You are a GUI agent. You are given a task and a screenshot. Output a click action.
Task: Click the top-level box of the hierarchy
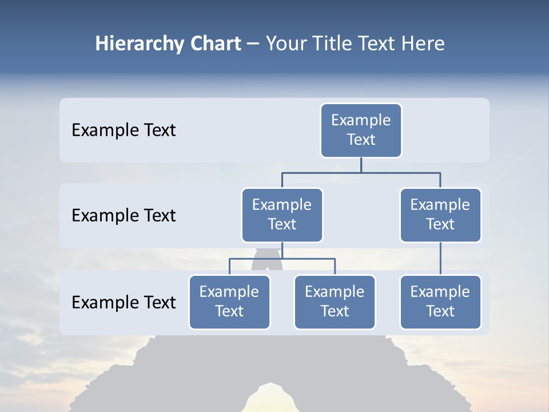tap(361, 130)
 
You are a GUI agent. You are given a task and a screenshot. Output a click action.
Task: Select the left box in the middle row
tap(282, 215)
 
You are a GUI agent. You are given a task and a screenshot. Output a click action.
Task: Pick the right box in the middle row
tap(440, 215)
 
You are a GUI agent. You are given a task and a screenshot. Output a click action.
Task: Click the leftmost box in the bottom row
tap(229, 302)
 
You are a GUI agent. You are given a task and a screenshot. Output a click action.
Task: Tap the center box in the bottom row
tap(335, 302)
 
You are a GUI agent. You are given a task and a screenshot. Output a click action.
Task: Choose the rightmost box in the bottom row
tap(440, 302)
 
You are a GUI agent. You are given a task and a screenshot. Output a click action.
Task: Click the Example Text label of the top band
tap(124, 130)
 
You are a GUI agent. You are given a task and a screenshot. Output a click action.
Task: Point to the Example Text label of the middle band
tap(124, 216)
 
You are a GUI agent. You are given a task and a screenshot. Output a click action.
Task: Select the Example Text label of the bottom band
tap(124, 302)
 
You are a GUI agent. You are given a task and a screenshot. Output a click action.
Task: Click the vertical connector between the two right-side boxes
tap(440, 259)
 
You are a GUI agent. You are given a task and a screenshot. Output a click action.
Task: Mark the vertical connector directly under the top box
tap(361, 165)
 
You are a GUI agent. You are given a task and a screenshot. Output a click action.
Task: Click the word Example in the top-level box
tap(361, 120)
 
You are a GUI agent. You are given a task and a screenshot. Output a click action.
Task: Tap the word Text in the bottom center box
tap(335, 311)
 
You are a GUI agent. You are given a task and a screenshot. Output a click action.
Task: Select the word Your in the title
tap(286, 44)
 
